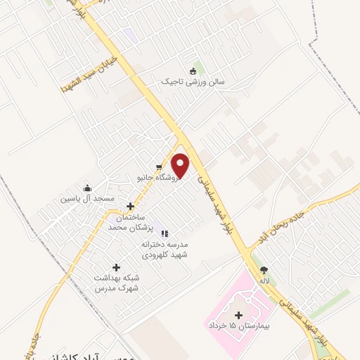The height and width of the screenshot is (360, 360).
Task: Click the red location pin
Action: coord(181,165)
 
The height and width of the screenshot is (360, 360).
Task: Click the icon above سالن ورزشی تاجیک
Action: coord(193,70)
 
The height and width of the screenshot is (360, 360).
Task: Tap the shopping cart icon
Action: coord(160,168)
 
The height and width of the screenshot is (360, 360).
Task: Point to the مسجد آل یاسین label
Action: coord(88,199)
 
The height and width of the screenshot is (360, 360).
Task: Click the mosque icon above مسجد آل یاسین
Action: coord(88,188)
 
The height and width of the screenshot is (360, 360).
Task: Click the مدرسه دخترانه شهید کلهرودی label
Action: coord(165,249)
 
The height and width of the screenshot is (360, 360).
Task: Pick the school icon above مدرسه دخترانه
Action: coord(165,233)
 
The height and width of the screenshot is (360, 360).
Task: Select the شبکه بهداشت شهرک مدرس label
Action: coord(117,283)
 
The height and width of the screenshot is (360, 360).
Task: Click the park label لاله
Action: coord(265,281)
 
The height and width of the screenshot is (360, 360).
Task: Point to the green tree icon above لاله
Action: coord(264,269)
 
